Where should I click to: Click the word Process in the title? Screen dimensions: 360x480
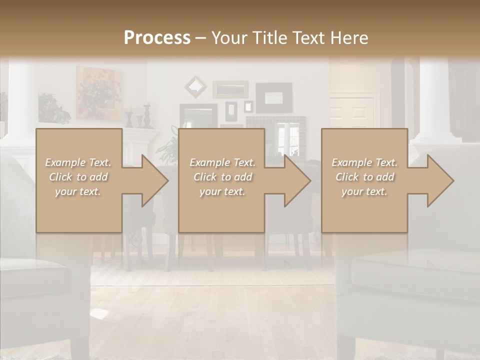pyautogui.click(x=157, y=38)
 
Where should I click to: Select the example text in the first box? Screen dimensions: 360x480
pyautogui.click(x=78, y=177)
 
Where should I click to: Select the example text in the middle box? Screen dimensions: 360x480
pyautogui.click(x=222, y=177)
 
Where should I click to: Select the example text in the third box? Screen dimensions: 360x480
pyautogui.click(x=364, y=177)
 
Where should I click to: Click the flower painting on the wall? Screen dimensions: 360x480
pyautogui.click(x=98, y=92)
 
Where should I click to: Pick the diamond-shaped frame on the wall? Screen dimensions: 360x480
pyautogui.click(x=195, y=86)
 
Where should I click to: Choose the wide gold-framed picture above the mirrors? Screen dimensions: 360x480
pyautogui.click(x=230, y=89)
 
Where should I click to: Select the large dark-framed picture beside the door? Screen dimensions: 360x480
pyautogui.click(x=273, y=97)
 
